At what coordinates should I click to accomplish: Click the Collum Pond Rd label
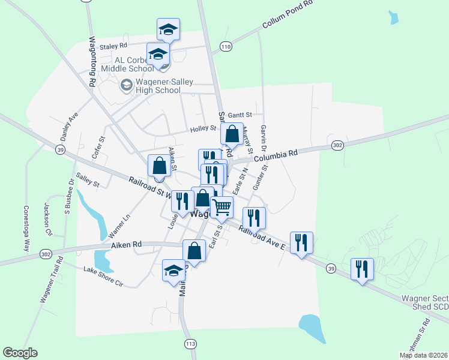click(288, 15)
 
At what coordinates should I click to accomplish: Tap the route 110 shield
click(226, 46)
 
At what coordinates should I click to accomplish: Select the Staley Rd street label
click(114, 46)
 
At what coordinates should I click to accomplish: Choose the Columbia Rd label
click(276, 154)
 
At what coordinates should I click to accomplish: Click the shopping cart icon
click(222, 207)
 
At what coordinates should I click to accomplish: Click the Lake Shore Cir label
click(103, 277)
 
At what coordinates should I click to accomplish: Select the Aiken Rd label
click(126, 245)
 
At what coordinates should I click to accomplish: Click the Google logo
click(20, 352)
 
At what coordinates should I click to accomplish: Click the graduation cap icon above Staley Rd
click(169, 28)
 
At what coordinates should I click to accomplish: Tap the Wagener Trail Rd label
click(51, 280)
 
